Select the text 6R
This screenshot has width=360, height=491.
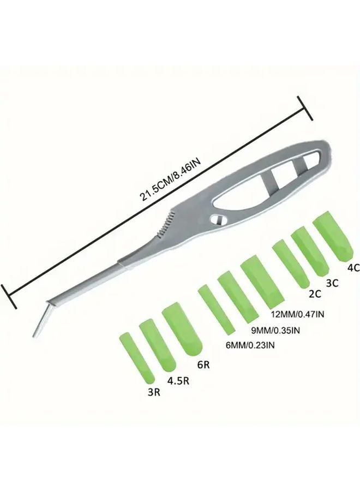(x=203, y=365)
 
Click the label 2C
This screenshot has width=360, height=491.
(x=315, y=294)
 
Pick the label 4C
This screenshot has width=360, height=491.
(x=353, y=267)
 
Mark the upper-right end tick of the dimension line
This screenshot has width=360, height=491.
(x=305, y=108)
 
